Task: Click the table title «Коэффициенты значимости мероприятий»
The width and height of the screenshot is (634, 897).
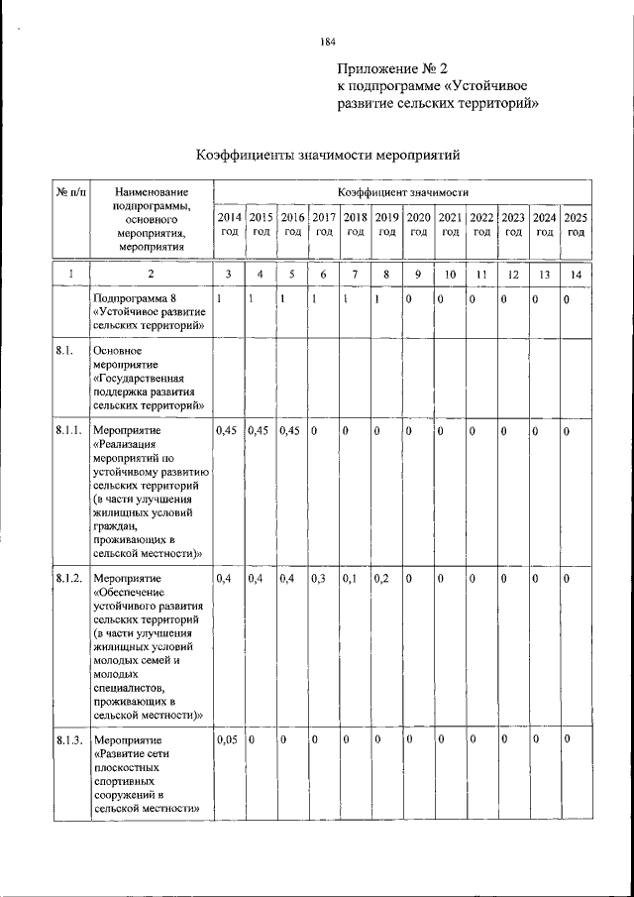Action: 328,155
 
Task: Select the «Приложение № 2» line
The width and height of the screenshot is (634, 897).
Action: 392,67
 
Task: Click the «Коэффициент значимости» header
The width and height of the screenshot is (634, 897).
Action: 401,190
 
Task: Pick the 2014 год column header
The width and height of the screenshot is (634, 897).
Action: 229,224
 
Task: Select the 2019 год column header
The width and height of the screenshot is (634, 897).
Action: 387,224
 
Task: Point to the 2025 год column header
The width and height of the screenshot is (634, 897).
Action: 575,224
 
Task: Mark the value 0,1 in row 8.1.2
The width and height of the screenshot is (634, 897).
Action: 349,578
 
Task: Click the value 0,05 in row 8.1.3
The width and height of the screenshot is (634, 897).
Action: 227,740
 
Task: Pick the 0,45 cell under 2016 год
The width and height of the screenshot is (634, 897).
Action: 290,431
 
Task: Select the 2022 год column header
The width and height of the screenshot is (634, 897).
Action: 481,224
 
